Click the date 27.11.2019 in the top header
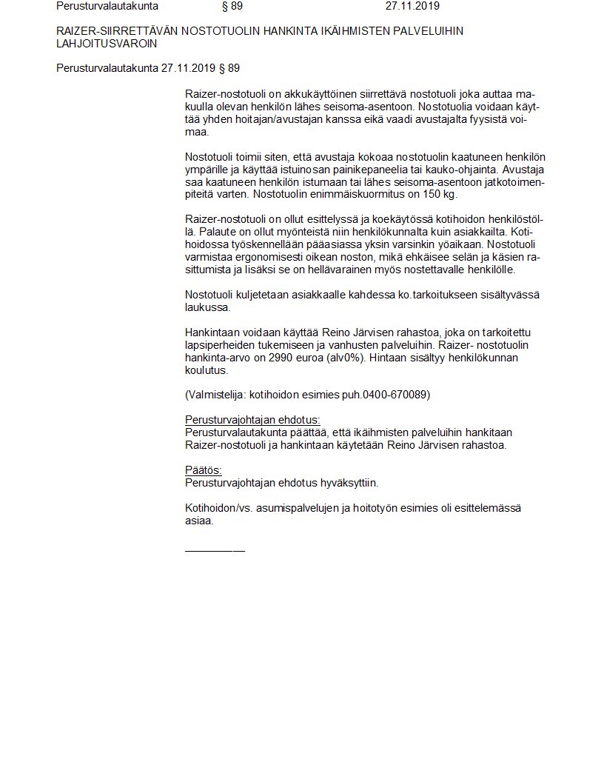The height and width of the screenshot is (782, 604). (412, 6)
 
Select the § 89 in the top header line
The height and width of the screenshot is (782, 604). (232, 6)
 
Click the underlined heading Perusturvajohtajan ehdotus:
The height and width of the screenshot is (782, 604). (252, 419)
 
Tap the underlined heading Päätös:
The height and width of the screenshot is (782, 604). (203, 470)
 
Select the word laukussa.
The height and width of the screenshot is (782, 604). (208, 307)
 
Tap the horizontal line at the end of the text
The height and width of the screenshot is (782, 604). (215, 550)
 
